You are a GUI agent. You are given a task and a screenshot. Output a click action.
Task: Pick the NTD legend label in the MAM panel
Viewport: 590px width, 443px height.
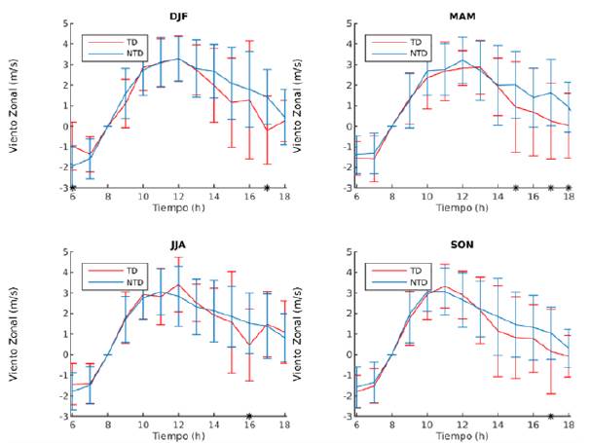point(418,54)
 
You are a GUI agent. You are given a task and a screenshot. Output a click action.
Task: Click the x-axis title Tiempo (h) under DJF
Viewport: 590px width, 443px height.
point(179,207)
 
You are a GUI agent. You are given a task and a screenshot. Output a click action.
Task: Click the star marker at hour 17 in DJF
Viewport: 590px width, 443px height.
point(267,187)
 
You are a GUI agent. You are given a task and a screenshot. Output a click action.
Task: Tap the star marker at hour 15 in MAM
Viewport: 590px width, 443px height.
point(515,187)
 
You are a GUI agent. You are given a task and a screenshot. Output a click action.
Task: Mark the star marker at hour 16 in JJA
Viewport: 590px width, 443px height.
point(249,416)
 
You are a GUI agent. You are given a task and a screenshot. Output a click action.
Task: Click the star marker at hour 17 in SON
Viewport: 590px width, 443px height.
point(551,416)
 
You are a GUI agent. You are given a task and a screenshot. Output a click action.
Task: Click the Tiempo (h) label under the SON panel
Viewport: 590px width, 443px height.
point(462,436)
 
